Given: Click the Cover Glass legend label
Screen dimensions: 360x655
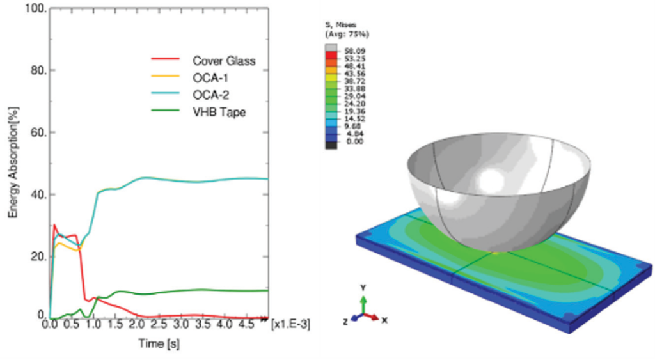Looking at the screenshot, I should [223, 61].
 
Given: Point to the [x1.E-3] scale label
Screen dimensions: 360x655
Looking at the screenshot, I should [292, 325].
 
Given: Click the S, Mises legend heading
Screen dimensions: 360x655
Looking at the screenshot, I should [340, 25].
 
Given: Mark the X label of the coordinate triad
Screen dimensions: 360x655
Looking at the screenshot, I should [384, 320].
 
